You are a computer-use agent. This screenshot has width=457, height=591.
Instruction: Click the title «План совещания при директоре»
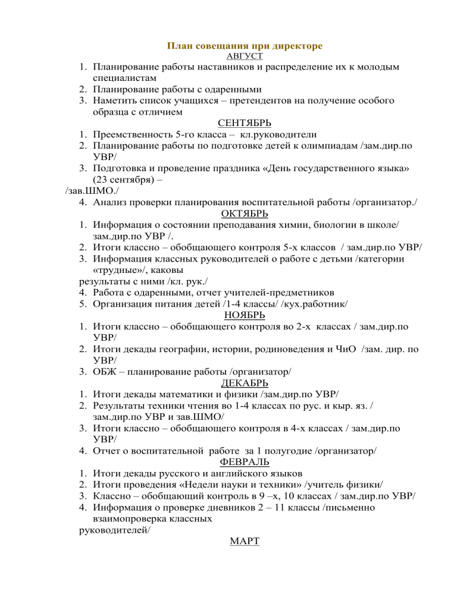(x=245, y=46)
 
